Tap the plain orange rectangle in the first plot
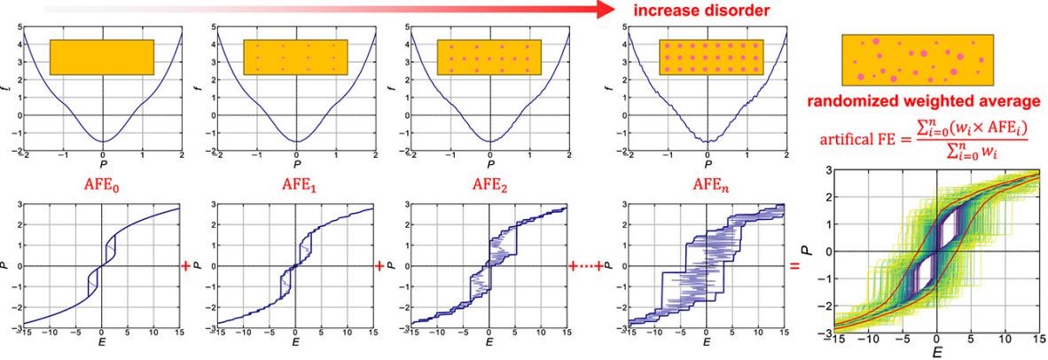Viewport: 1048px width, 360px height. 103,57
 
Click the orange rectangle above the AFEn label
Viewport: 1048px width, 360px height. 711,57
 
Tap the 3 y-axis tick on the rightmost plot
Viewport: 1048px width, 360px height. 826,168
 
